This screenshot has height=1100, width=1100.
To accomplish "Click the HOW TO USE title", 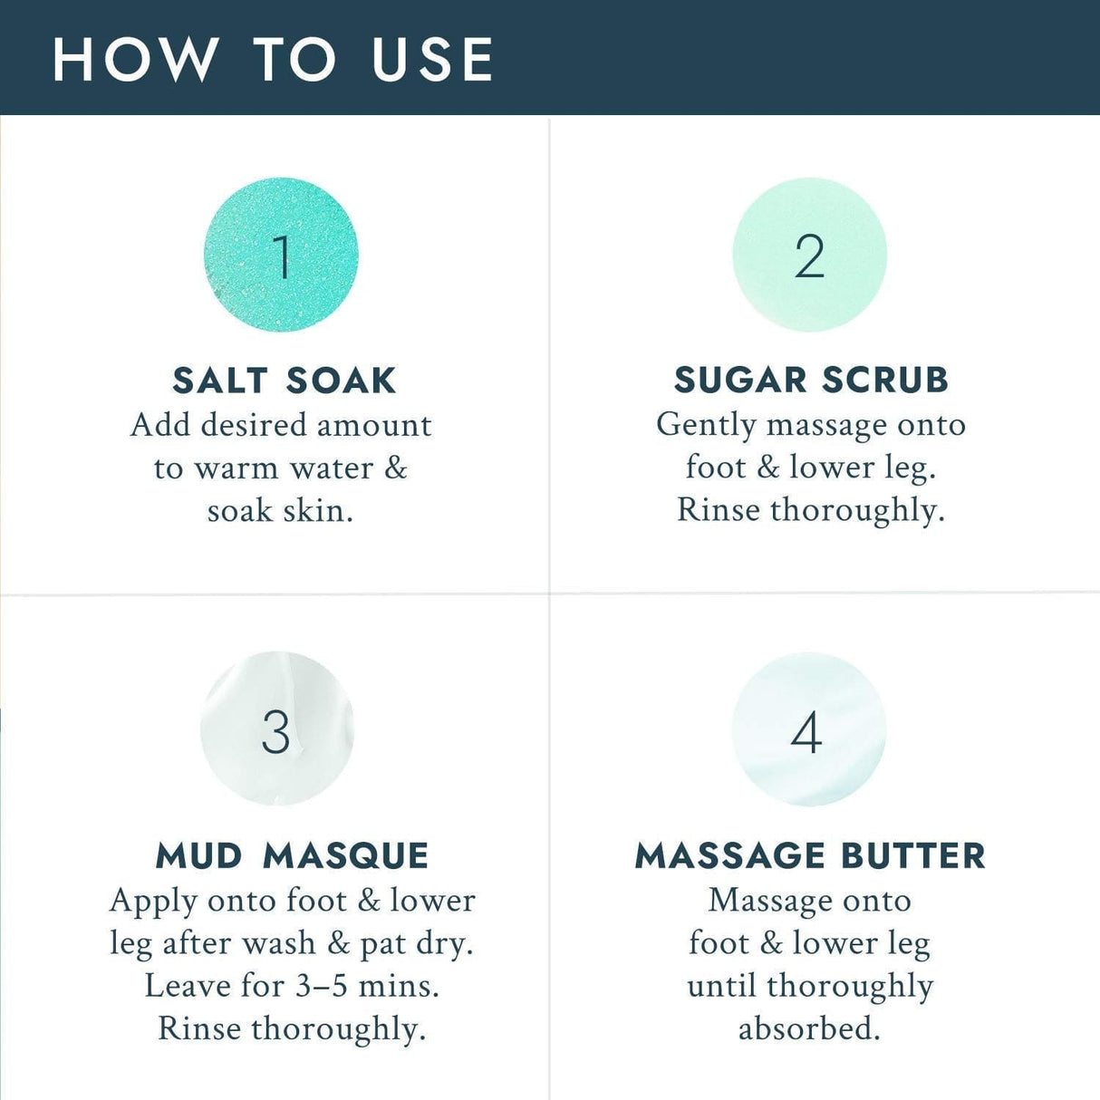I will tap(273, 60).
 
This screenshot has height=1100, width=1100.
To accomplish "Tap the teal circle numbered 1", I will tap(281, 255).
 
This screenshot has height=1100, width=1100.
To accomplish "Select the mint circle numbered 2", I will tap(809, 255).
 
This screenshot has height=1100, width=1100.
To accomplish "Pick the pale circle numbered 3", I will tap(276, 729).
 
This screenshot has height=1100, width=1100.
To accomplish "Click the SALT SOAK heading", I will tap(285, 381).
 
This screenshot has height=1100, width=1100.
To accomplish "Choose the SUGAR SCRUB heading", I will tap(811, 381).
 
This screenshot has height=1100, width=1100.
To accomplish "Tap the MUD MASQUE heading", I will tap(292, 855).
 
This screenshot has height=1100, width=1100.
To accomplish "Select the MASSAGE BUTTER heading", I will tap(810, 855).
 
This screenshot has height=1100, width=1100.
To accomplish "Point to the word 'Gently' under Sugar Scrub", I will tap(707, 426).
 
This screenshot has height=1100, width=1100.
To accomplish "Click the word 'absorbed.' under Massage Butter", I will tap(809, 1028).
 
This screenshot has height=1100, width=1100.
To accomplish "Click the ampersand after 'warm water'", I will tap(395, 468).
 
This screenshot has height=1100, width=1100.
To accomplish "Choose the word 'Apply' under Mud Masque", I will tap(153, 902).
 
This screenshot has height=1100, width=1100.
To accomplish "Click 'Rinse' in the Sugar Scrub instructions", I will tap(719, 510).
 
